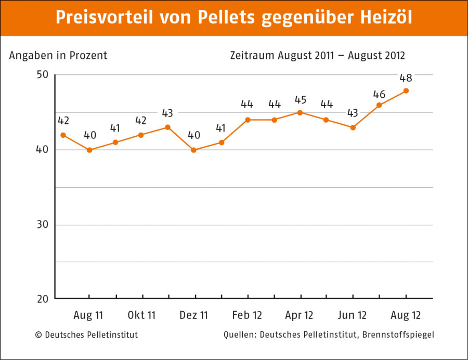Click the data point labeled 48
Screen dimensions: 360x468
click(x=406, y=91)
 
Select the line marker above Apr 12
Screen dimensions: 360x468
click(x=300, y=112)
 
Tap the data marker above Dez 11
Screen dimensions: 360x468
click(x=194, y=150)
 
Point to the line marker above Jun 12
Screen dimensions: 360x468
click(x=353, y=127)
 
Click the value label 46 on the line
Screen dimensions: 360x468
click(x=380, y=94)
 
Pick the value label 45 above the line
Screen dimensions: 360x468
click(x=300, y=100)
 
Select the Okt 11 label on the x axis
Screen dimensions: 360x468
click(x=141, y=315)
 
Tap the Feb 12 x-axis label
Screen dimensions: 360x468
click(x=247, y=315)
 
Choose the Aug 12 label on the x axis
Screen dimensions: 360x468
click(x=406, y=315)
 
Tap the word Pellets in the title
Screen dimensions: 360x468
click(x=227, y=17)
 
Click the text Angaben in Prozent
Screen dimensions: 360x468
click(x=58, y=56)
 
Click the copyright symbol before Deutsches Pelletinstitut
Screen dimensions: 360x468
click(x=38, y=335)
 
